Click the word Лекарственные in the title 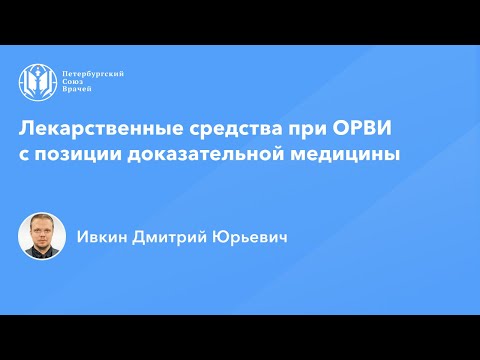coord(101,129)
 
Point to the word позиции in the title coord(78,155)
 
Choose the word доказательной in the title coord(205,155)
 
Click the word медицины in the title coord(345,155)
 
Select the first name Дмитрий coord(170,238)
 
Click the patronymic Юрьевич coord(250,238)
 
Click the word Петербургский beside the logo coord(93,74)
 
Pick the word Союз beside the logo coord(73,81)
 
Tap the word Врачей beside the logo coord(77,89)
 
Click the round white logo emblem coord(36,82)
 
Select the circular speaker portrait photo coord(42,236)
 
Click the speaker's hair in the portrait coord(40,220)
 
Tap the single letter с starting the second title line coord(23,156)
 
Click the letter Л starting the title coord(26,129)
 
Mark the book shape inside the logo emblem coord(36,83)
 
